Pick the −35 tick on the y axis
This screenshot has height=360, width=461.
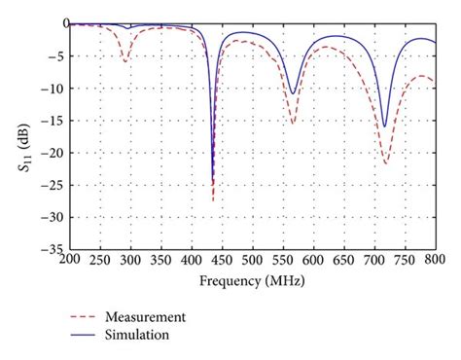(x=50, y=249)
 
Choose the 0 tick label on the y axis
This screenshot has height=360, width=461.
(x=58, y=23)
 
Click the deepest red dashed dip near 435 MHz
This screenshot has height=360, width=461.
(x=213, y=200)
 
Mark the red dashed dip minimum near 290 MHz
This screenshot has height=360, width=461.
(x=124, y=61)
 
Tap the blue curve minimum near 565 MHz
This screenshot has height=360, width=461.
(x=292, y=93)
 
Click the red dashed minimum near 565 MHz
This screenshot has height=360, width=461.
(x=293, y=124)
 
